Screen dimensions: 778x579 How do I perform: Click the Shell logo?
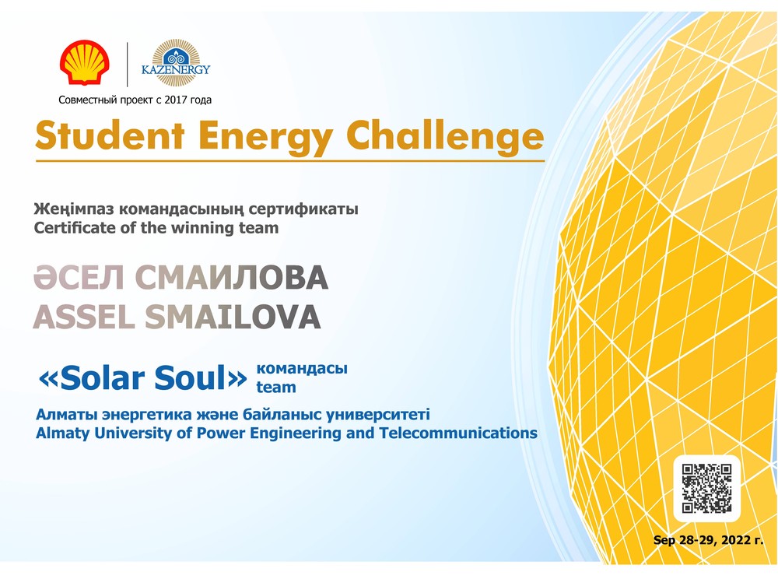tap(84, 62)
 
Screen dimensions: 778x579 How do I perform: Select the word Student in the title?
tap(110, 135)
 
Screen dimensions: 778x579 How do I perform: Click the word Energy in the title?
tap(265, 137)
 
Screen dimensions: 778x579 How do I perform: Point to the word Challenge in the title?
tap(445, 136)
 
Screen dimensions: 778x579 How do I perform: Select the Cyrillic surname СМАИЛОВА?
tap(232, 277)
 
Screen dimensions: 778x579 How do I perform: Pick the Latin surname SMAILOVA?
tap(233, 317)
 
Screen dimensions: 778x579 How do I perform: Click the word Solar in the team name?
tap(96, 378)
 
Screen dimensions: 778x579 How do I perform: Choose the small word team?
tap(276, 387)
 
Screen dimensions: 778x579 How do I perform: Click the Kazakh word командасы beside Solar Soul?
tap(302, 369)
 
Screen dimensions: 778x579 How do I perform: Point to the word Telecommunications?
tap(458, 433)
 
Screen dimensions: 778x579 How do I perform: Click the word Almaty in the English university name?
tap(62, 433)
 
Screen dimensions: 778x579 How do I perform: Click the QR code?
tap(706, 488)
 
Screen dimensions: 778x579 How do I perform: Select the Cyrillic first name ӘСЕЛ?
tap(79, 277)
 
